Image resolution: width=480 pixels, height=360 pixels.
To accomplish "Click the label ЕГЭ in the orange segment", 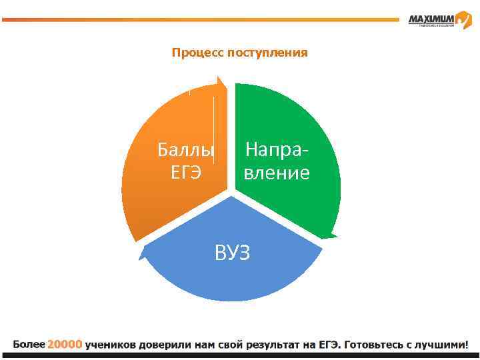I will coord(186,173).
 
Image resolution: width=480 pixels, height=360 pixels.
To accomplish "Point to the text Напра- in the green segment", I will coord(277,150).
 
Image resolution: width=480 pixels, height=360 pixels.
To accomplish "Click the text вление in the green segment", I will coord(277,173).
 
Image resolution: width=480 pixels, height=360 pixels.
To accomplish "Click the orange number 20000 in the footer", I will coord(65,345).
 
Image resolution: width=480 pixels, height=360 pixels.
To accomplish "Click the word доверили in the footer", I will coord(165,345).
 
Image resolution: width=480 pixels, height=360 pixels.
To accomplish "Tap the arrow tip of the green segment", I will coord(331,235).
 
